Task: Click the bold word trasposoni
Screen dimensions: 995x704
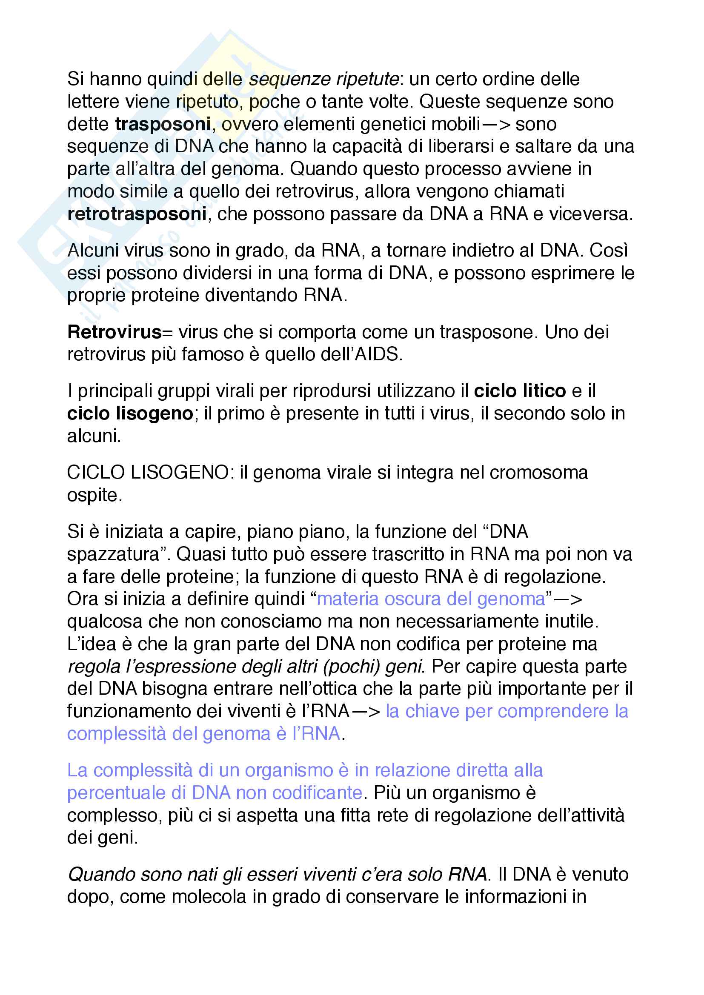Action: [x=163, y=124]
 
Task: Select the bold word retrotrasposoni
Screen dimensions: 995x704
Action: [x=137, y=214]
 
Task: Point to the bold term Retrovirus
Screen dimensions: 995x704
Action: [x=114, y=332]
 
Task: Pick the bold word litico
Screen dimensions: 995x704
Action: [x=544, y=391]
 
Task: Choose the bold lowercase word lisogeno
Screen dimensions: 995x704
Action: [x=155, y=413]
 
